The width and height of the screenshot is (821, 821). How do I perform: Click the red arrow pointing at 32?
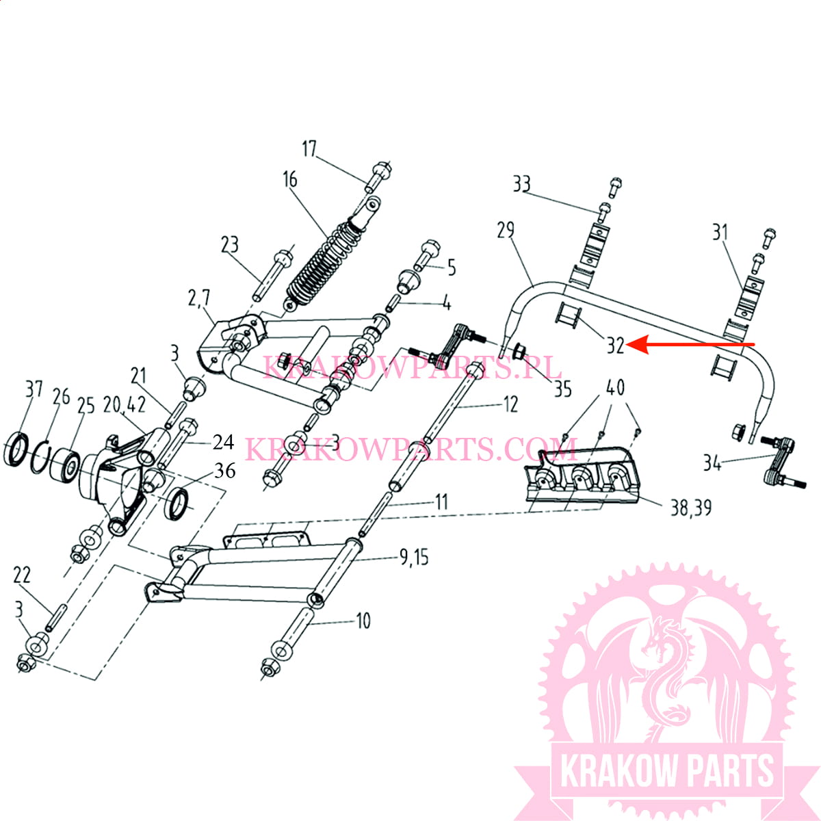(x=691, y=344)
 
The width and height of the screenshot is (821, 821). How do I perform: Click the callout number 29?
(x=506, y=230)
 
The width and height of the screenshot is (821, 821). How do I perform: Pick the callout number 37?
(x=34, y=390)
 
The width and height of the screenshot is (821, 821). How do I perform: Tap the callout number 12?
(x=510, y=404)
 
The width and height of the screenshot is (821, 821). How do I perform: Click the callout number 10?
(x=363, y=621)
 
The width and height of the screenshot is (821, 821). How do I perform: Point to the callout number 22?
(x=22, y=575)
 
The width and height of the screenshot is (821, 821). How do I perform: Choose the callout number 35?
(x=562, y=389)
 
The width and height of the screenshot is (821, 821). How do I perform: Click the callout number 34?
(x=712, y=462)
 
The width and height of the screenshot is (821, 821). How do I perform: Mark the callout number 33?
(x=521, y=184)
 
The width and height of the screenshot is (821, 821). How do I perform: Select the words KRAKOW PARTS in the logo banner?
(x=667, y=771)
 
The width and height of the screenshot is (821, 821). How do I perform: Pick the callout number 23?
(x=230, y=245)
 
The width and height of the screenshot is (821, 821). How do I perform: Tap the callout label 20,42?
(x=125, y=404)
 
